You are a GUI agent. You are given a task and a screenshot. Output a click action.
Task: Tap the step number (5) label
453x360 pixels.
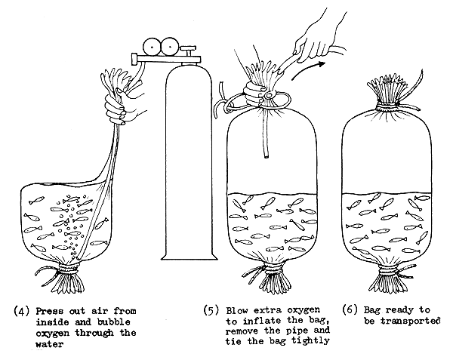click(x=212, y=310)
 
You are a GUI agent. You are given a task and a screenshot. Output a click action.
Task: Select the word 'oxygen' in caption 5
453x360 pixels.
click(x=301, y=310)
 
